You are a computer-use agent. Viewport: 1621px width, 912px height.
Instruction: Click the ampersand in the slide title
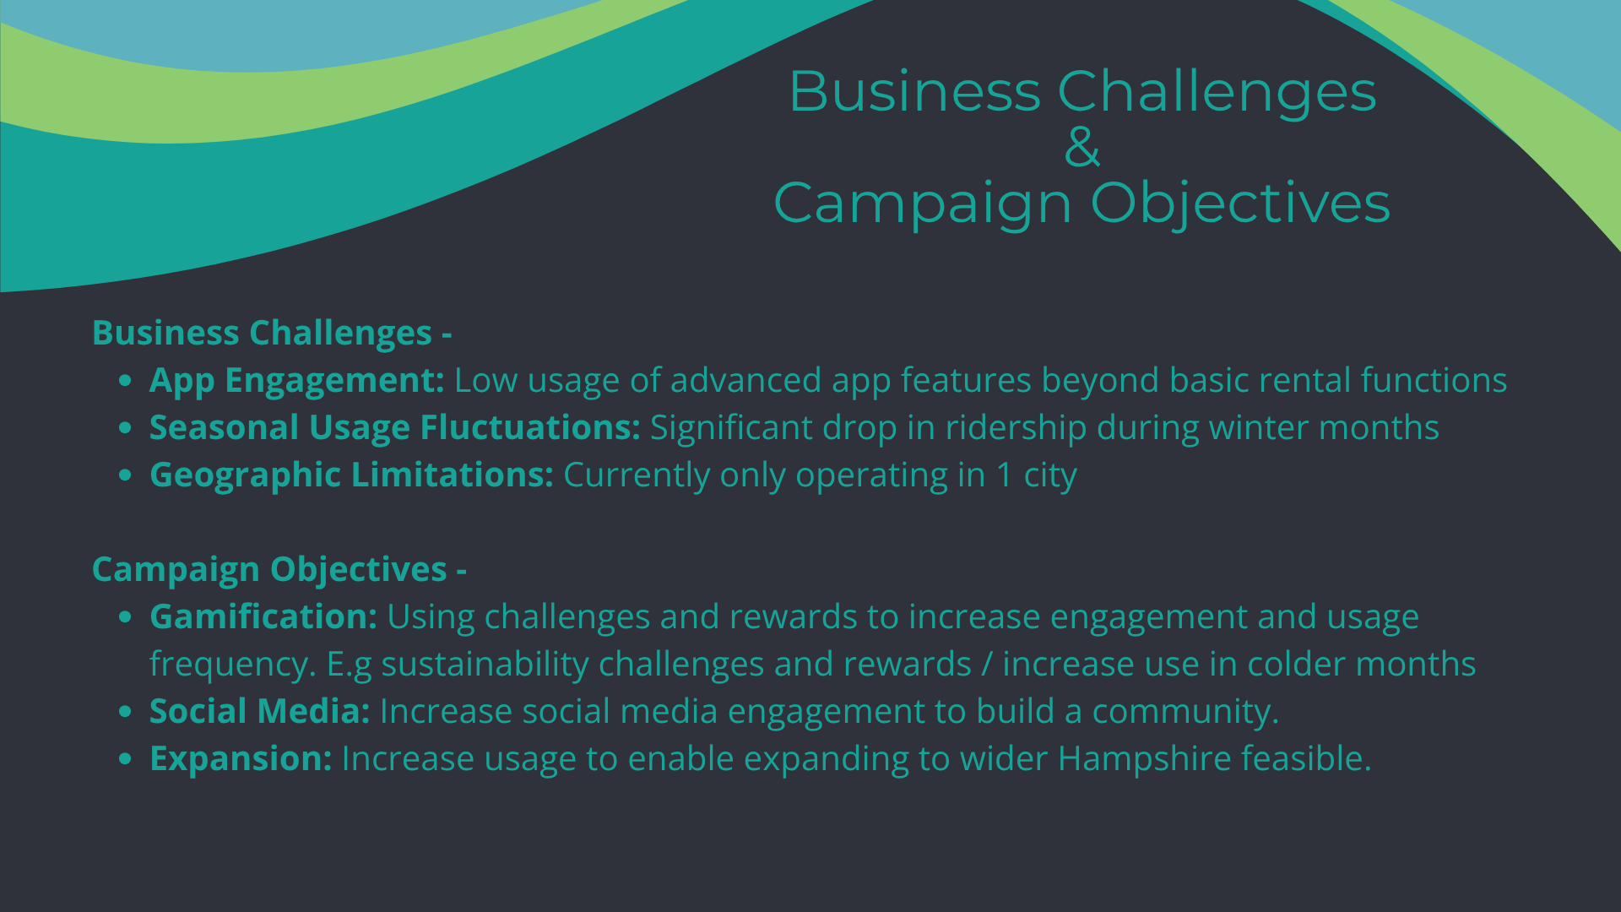[1082, 146]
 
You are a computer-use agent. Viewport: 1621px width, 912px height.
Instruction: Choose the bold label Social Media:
[260, 712]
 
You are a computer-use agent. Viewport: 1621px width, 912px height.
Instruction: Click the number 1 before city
[1005, 475]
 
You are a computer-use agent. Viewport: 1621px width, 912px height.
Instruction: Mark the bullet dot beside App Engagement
[125, 381]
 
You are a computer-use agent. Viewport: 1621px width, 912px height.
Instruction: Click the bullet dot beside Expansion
[125, 759]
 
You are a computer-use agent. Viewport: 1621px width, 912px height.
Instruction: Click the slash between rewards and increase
[987, 665]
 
